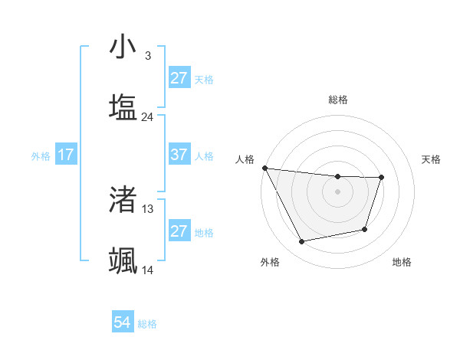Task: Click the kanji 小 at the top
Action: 123,48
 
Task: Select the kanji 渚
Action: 123,201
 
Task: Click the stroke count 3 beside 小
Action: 147,56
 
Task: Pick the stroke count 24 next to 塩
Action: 148,117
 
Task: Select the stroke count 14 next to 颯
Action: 148,270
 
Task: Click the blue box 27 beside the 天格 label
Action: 179,78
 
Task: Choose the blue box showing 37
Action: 179,155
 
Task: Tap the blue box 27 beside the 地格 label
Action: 179,231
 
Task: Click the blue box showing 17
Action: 66,155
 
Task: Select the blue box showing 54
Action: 123,322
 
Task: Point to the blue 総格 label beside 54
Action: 147,324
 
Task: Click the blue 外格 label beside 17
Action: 41,156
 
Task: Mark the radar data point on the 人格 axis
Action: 264,168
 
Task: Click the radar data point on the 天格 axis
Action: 381,178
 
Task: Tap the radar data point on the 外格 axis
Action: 302,242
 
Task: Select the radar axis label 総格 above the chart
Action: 338,100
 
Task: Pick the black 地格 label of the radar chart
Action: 402,263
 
